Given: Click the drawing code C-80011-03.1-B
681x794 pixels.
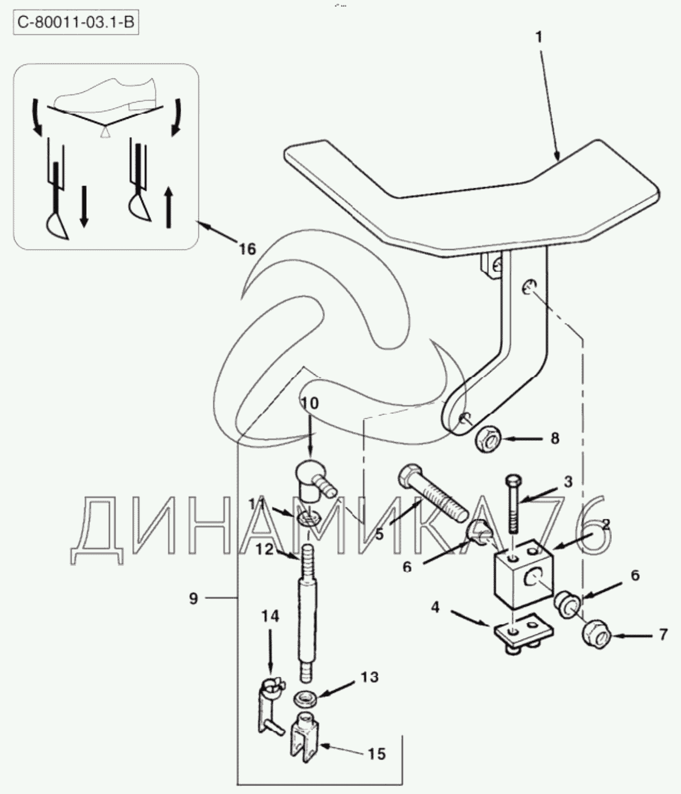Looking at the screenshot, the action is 76,23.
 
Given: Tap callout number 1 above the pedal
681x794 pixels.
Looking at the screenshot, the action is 539,38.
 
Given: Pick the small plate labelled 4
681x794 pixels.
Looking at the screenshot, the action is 523,636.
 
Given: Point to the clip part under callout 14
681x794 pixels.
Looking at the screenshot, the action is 271,703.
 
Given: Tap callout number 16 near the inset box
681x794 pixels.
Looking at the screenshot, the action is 248,249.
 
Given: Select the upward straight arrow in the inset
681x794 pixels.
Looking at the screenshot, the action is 168,208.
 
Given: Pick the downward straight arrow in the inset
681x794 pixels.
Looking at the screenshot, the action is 84,207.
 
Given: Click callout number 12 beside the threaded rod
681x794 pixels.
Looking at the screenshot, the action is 264,549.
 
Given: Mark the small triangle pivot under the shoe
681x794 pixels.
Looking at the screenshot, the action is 104,132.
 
